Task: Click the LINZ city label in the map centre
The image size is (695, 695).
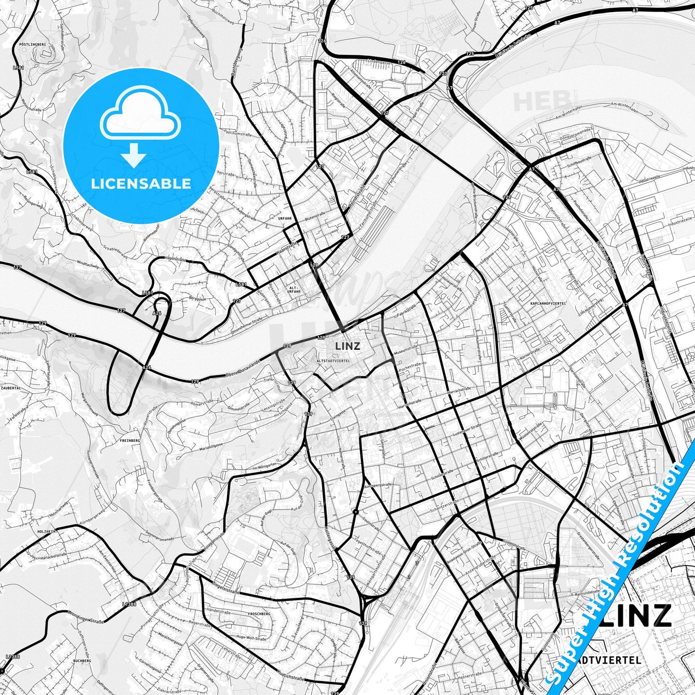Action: [x=347, y=345]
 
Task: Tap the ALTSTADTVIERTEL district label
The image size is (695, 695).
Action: [x=333, y=360]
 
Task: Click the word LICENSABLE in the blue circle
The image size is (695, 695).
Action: [x=141, y=183]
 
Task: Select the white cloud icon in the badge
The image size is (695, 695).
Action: [x=140, y=113]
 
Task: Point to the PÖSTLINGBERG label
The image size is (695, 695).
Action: [x=33, y=44]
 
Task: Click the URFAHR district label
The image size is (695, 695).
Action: [x=285, y=218]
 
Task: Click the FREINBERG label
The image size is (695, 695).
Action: [x=130, y=440]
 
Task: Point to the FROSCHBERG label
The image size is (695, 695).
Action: [x=258, y=614]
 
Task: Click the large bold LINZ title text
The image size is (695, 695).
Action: [x=635, y=615]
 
